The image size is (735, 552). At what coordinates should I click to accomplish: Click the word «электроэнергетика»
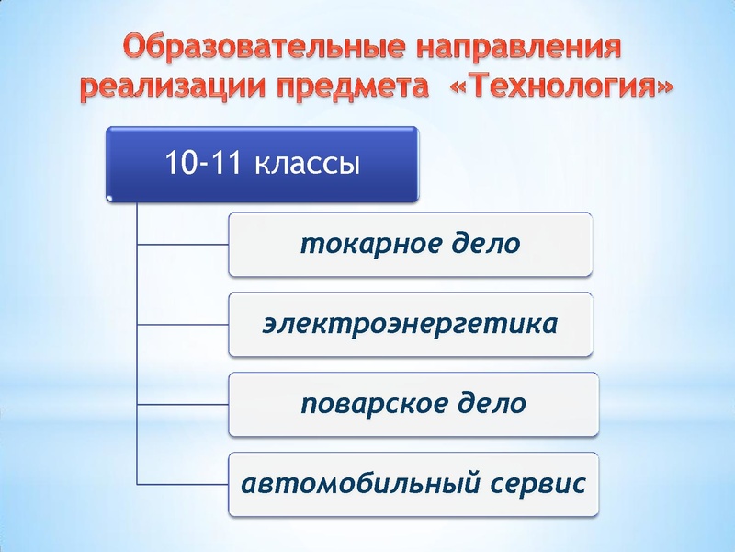point(411,324)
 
